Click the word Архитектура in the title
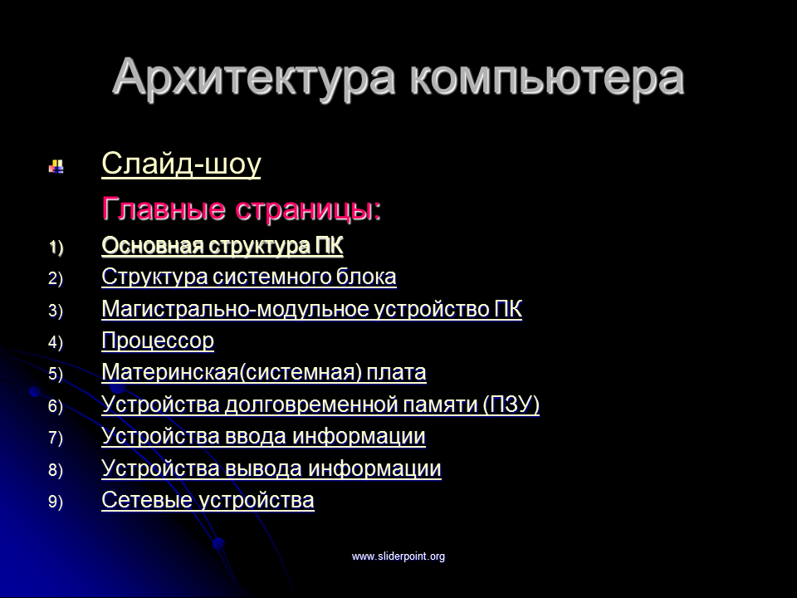coord(254,78)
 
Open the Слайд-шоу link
coord(181,164)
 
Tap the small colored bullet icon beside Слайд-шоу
coord(56,166)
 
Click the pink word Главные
coord(164,208)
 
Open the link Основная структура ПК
coord(222,246)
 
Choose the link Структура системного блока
coord(249,277)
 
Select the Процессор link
coord(158,341)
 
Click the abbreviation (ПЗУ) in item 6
coord(511,404)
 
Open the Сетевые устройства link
coord(208,500)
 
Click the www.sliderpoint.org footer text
coord(398,556)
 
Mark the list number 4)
coord(56,342)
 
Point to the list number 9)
coord(56,502)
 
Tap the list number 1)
coord(56,248)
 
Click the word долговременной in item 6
coord(310,404)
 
